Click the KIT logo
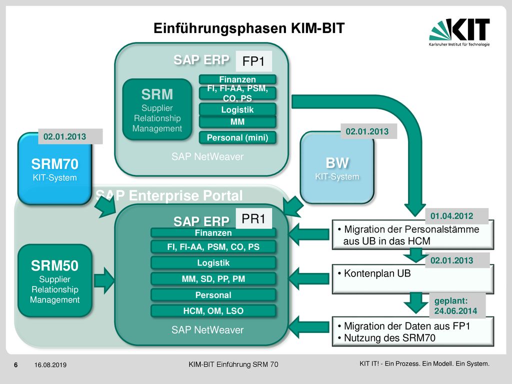point(459,32)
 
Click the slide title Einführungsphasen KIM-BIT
point(249,28)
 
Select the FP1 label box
point(253,61)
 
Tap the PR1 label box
point(253,218)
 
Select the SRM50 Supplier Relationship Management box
point(54,280)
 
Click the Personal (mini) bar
point(237,137)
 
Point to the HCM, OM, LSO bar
point(213,311)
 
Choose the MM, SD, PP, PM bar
point(213,279)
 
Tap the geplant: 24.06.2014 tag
point(455,305)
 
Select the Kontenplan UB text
point(374,273)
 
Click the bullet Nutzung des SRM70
point(386,337)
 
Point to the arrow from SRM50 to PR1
point(104,280)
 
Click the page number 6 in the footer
point(15,364)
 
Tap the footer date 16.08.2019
point(50,364)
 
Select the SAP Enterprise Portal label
point(169,195)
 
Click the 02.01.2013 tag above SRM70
point(64,136)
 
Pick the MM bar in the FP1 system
point(237,122)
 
